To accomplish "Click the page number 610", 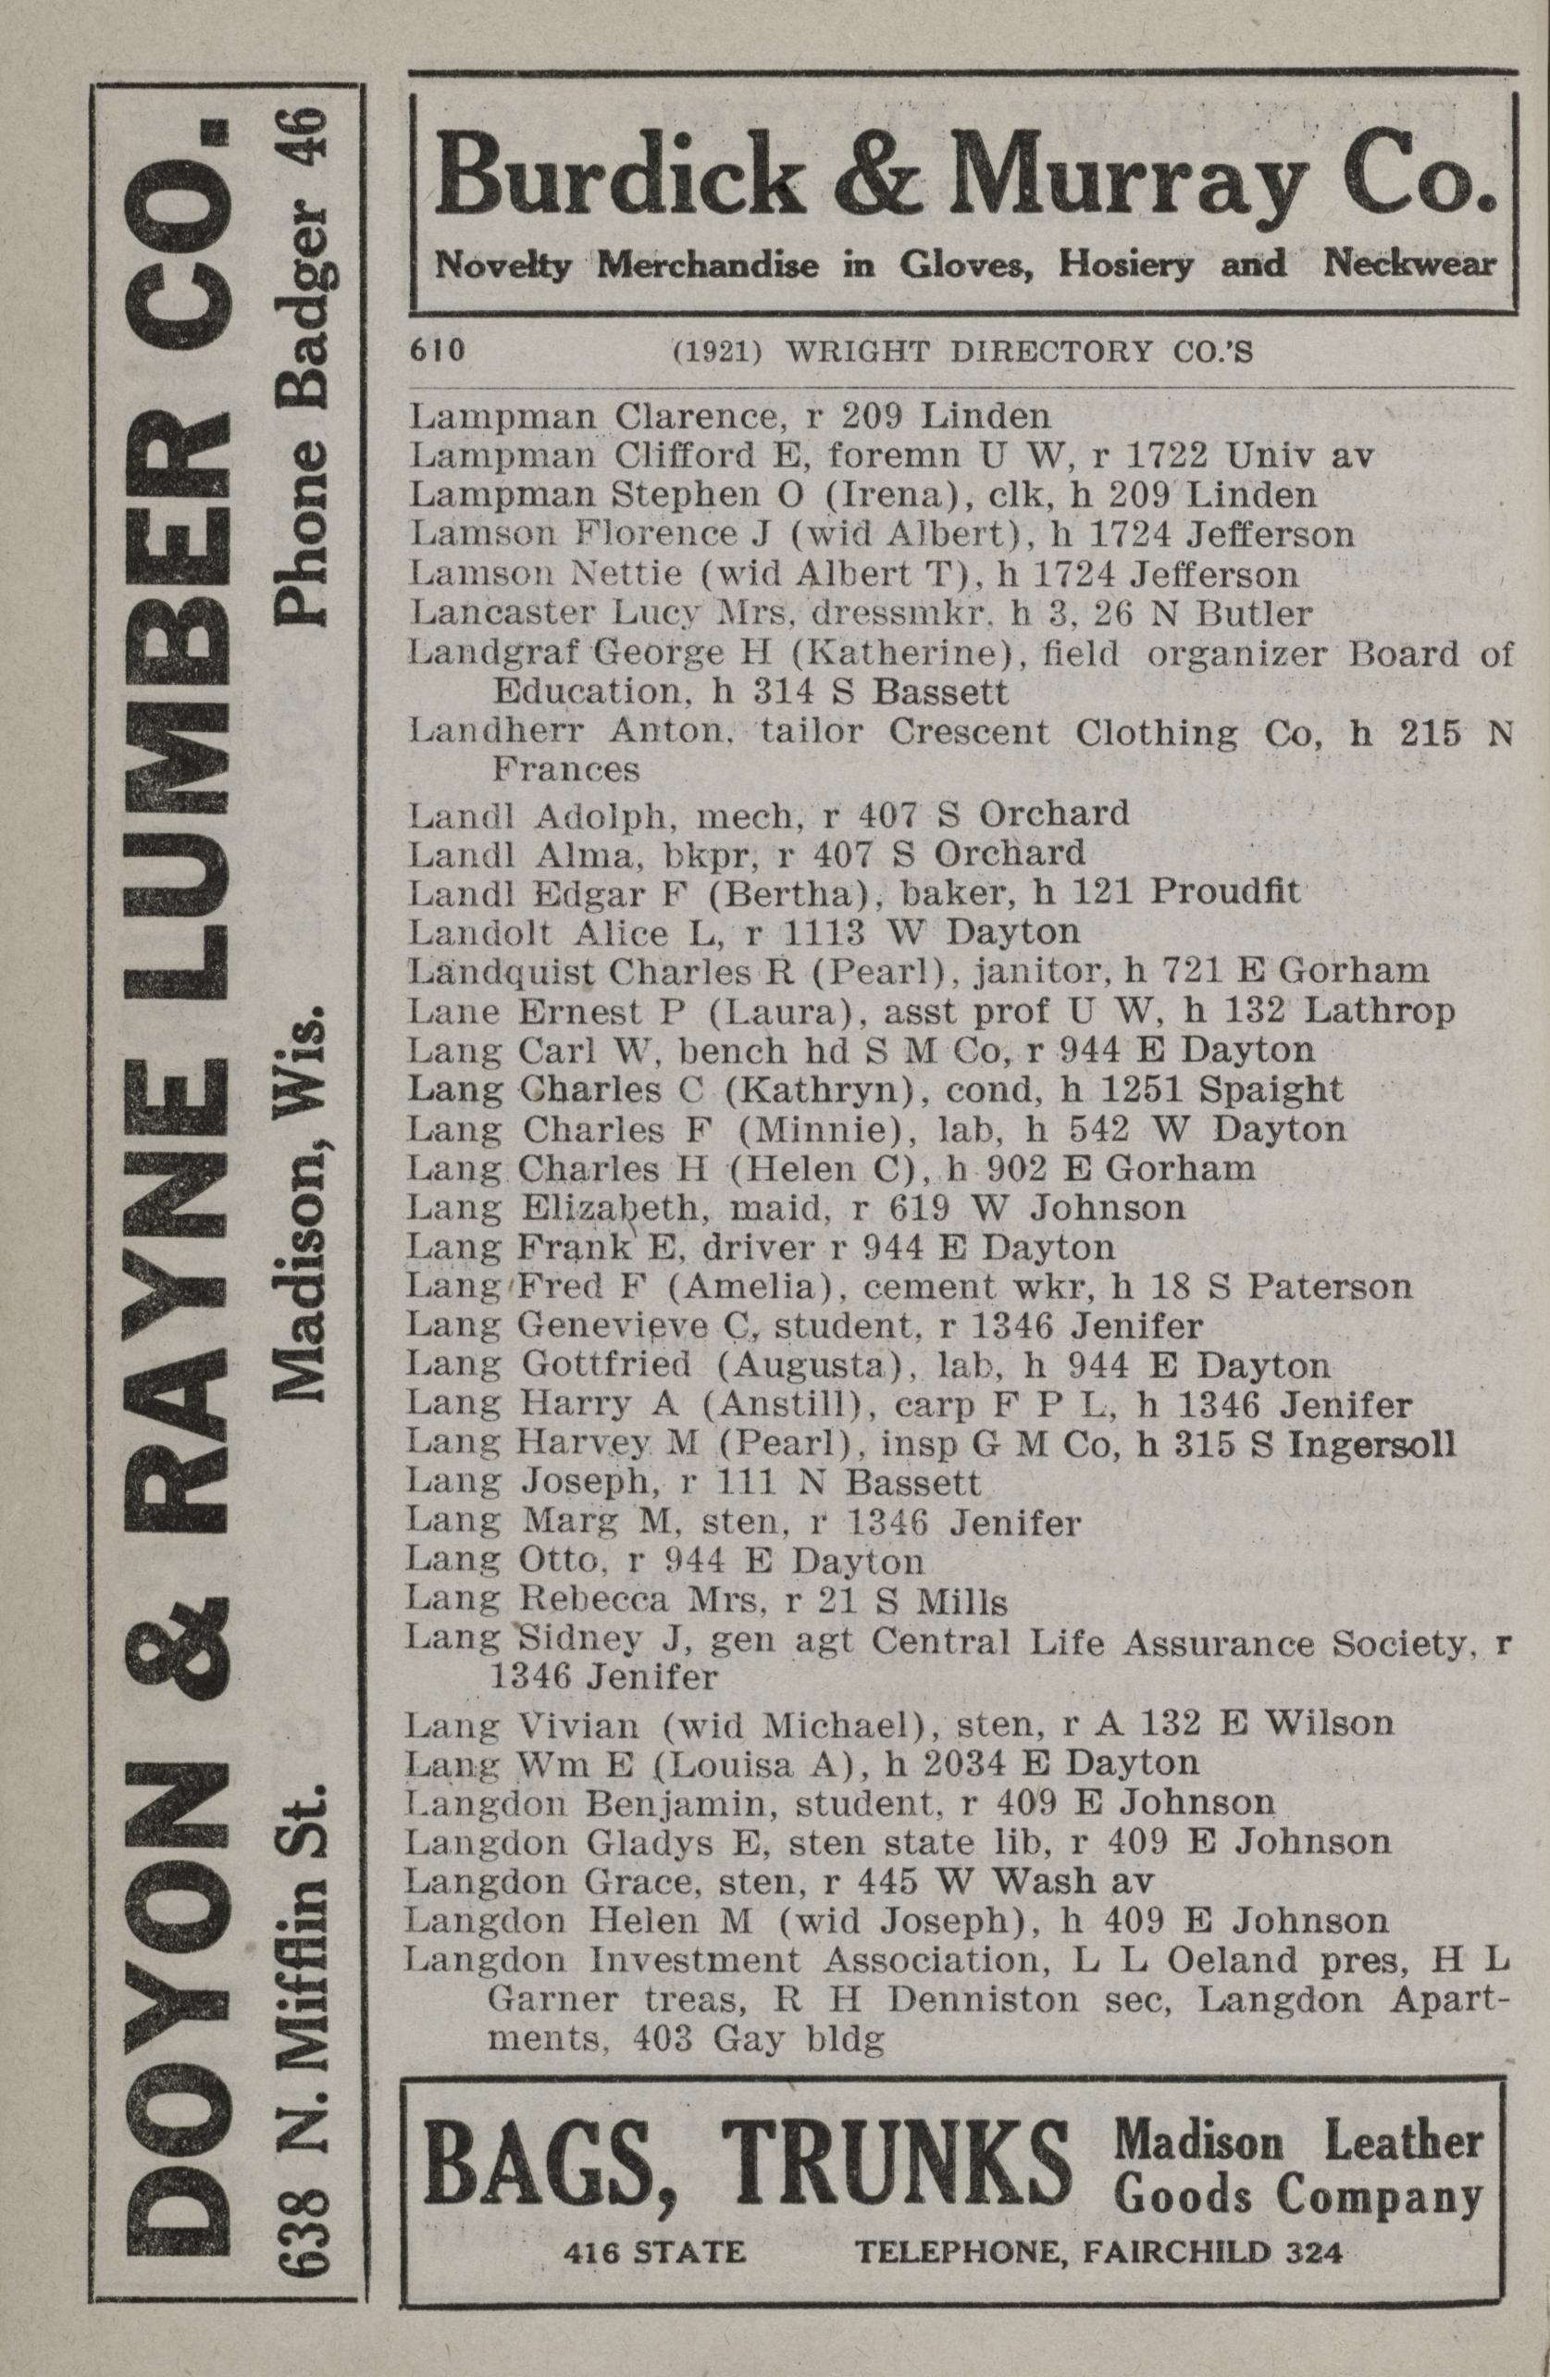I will [x=437, y=351].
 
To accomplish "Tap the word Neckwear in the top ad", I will [x=1410, y=266].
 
